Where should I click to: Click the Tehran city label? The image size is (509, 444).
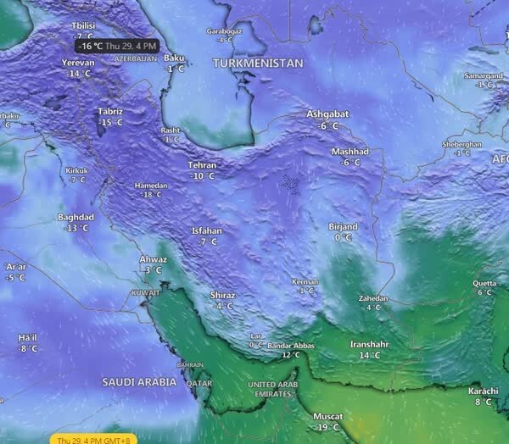pyautogui.click(x=203, y=165)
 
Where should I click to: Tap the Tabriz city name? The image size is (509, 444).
pyautogui.click(x=110, y=112)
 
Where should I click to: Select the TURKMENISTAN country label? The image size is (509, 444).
pyautogui.click(x=258, y=64)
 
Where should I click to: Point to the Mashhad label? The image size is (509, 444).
pyautogui.click(x=350, y=152)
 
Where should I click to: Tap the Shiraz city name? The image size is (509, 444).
pyautogui.click(x=222, y=295)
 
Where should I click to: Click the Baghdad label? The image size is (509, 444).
pyautogui.click(x=76, y=217)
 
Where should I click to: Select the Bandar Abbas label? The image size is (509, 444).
pyautogui.click(x=290, y=346)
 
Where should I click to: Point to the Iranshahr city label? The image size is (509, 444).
pyautogui.click(x=370, y=345)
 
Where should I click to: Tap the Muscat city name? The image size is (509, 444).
pyautogui.click(x=327, y=417)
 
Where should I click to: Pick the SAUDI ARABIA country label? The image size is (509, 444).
pyautogui.click(x=139, y=382)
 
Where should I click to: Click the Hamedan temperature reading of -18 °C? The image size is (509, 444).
pyautogui.click(x=151, y=195)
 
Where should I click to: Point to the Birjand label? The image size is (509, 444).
pyautogui.click(x=343, y=227)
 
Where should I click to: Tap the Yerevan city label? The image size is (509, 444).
pyautogui.click(x=80, y=63)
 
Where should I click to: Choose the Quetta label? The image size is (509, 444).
pyautogui.click(x=484, y=283)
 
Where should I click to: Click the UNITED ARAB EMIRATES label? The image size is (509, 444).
pyautogui.click(x=273, y=389)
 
